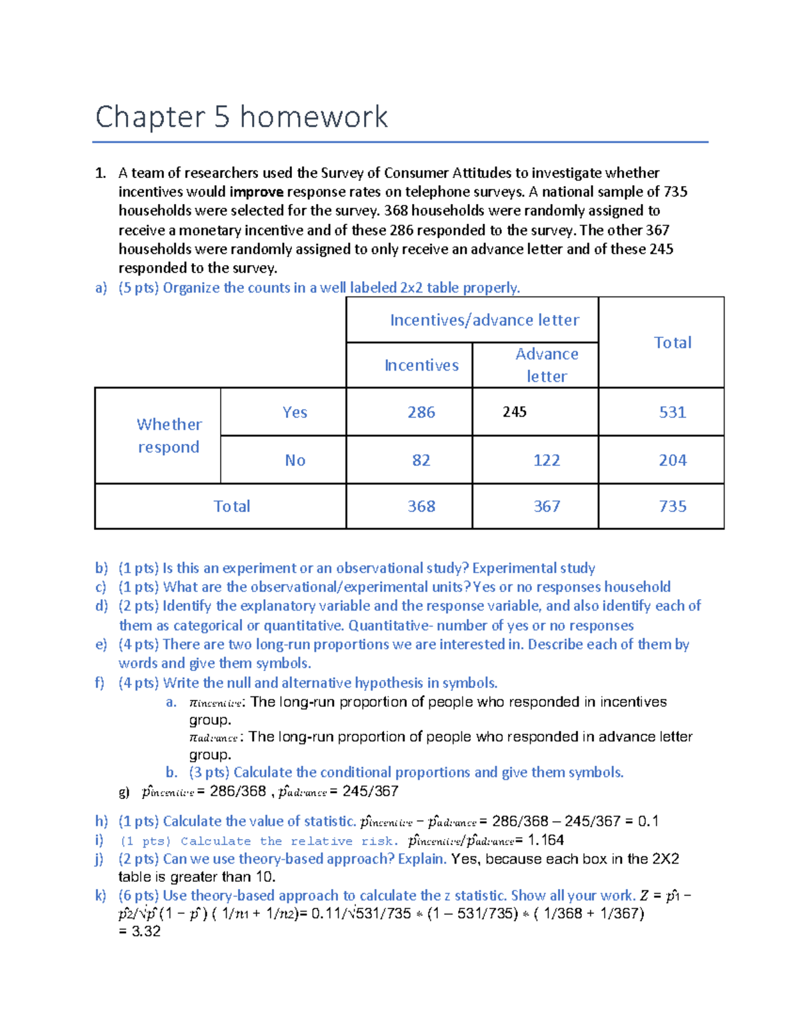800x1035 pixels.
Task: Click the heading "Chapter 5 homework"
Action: (x=241, y=117)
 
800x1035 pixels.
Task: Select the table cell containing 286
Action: (x=421, y=413)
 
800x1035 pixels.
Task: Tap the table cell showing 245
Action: (x=515, y=413)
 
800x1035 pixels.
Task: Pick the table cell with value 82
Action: (x=421, y=461)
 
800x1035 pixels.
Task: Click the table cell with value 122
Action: (x=547, y=461)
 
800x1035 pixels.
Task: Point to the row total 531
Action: (x=672, y=413)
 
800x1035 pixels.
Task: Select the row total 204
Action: (x=672, y=461)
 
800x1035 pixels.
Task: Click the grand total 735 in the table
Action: (x=672, y=507)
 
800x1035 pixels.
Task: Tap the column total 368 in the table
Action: (x=421, y=507)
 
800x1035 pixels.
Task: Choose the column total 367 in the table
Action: (x=547, y=507)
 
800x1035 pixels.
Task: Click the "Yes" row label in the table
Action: (x=295, y=413)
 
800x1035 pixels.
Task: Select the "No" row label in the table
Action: (x=295, y=461)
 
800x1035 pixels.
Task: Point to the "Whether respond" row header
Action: (x=169, y=436)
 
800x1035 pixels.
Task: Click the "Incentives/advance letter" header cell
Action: (x=485, y=321)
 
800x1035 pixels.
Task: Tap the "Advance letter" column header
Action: (x=547, y=365)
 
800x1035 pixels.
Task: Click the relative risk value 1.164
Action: (x=545, y=840)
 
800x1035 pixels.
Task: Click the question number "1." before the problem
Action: (x=101, y=173)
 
